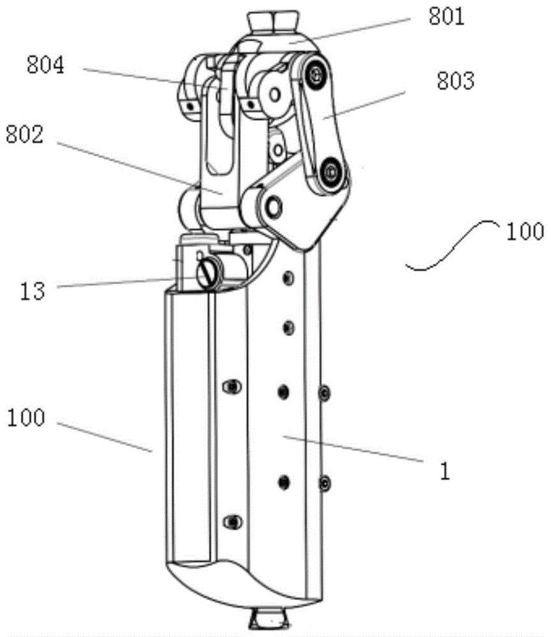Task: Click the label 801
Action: pyautogui.click(x=446, y=17)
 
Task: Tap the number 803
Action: pyautogui.click(x=455, y=81)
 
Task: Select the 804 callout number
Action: pyautogui.click(x=45, y=65)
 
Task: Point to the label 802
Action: pyautogui.click(x=24, y=134)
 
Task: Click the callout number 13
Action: pyautogui.click(x=32, y=291)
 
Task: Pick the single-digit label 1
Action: pyautogui.click(x=445, y=471)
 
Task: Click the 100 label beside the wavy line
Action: pyautogui.click(x=525, y=232)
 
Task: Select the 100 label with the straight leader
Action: pyautogui.click(x=26, y=418)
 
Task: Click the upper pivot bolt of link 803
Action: pyautogui.click(x=315, y=73)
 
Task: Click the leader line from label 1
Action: pyautogui.click(x=353, y=449)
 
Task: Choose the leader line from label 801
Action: pyautogui.click(x=349, y=30)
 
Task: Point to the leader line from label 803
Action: pyautogui.click(x=364, y=106)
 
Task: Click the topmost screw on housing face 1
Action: pyautogui.click(x=288, y=278)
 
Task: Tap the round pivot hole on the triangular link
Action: pyautogui.click(x=274, y=207)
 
